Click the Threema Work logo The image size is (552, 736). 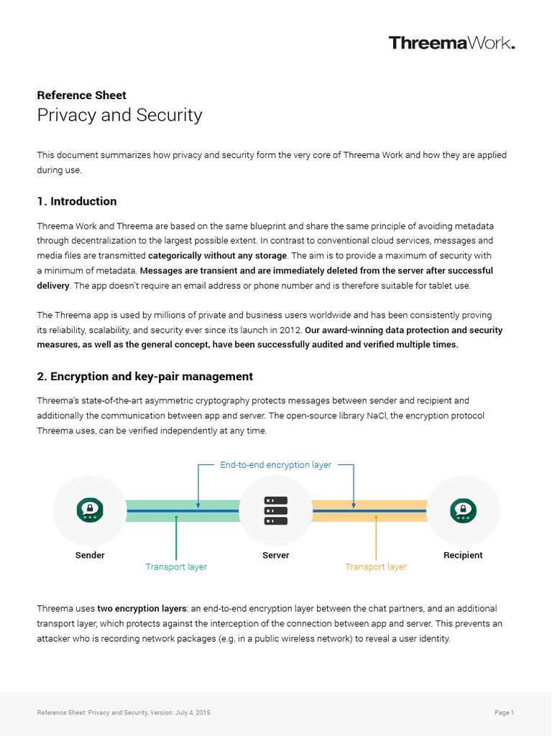(x=451, y=43)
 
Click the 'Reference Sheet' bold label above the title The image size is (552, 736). (x=81, y=95)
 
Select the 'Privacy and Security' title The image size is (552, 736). (x=119, y=115)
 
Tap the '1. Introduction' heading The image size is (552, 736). (x=76, y=201)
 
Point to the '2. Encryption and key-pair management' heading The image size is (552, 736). (x=144, y=376)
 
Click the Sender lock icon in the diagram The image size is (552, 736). (x=90, y=510)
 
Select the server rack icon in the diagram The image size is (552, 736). (x=276, y=510)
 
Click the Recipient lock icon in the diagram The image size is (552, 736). (x=463, y=510)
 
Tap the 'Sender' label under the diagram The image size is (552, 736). (x=90, y=555)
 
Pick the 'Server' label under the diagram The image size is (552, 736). (x=276, y=555)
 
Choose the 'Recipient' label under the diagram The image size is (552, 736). (x=463, y=555)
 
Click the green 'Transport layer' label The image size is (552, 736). (x=176, y=567)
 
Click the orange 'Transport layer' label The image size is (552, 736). (x=376, y=567)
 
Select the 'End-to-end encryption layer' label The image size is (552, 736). (x=275, y=465)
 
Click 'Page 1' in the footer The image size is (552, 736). (x=504, y=713)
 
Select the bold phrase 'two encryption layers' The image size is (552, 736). (x=117, y=609)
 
